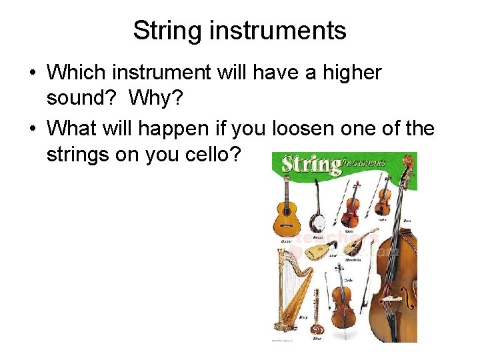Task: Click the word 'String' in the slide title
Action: click(163, 31)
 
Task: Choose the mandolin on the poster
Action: click(353, 245)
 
